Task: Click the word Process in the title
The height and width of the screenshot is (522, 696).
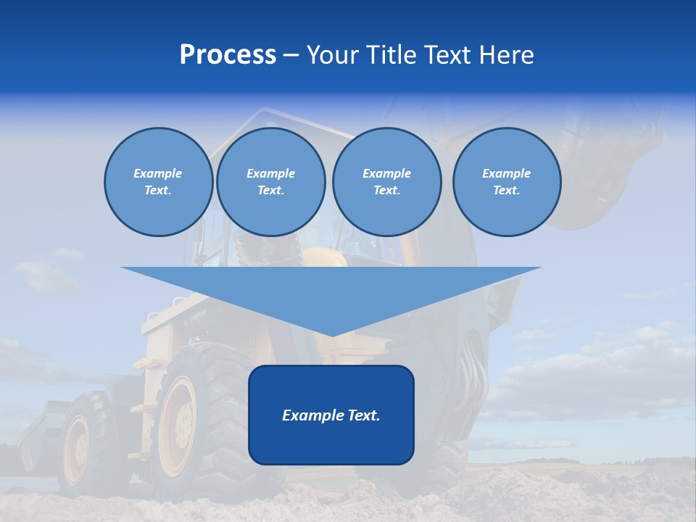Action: point(228,55)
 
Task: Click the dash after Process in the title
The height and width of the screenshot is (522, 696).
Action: point(291,56)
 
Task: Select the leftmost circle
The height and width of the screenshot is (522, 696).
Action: point(159,182)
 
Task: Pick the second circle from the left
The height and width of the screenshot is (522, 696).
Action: point(271,182)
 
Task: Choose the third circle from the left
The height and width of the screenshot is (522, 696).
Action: point(387,182)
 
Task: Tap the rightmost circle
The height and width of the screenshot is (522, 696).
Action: point(507,182)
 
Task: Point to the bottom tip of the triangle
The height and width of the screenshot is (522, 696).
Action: point(331,334)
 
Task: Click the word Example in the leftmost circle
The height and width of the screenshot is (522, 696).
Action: point(158,173)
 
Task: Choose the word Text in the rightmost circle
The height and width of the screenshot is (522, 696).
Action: point(507,191)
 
